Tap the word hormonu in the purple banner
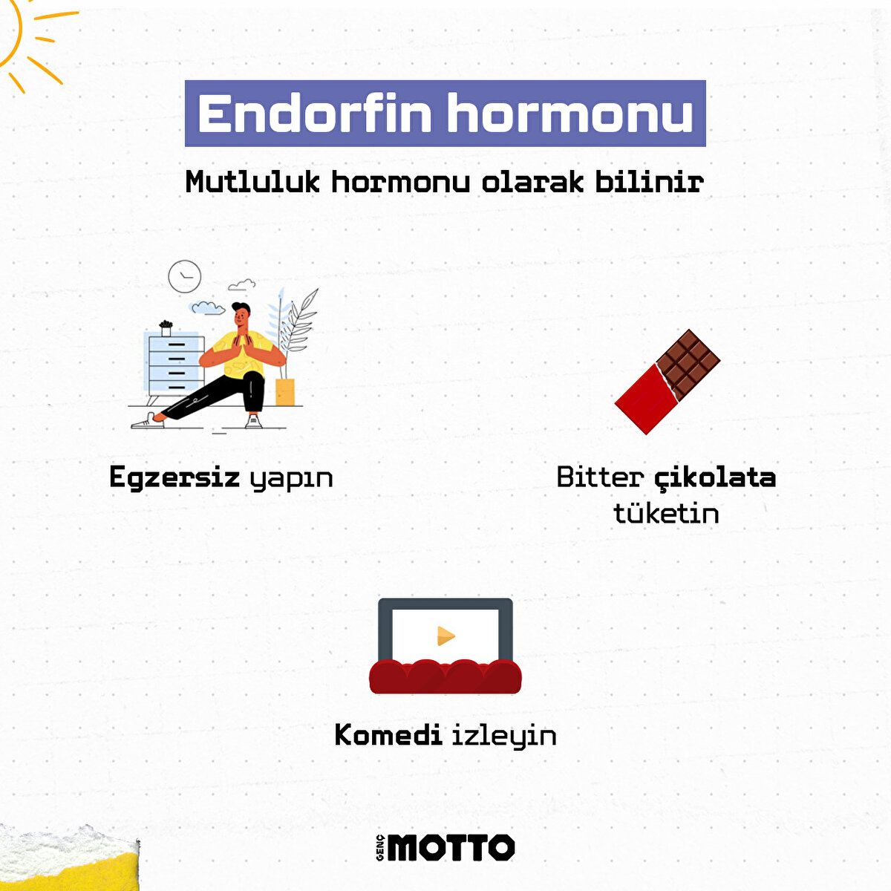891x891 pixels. click(x=570, y=114)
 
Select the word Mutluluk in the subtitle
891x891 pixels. click(x=253, y=182)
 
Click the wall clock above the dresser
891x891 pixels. click(x=184, y=276)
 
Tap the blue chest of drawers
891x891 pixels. click(x=175, y=364)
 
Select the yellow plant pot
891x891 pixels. click(x=285, y=391)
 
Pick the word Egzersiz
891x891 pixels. click(x=174, y=477)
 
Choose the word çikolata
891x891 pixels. click(x=715, y=477)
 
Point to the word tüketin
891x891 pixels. click(x=666, y=513)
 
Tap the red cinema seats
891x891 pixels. click(x=446, y=676)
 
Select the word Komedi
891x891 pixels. click(x=388, y=735)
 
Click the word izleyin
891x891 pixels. click(x=504, y=736)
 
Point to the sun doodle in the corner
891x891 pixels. click(x=22, y=37)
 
